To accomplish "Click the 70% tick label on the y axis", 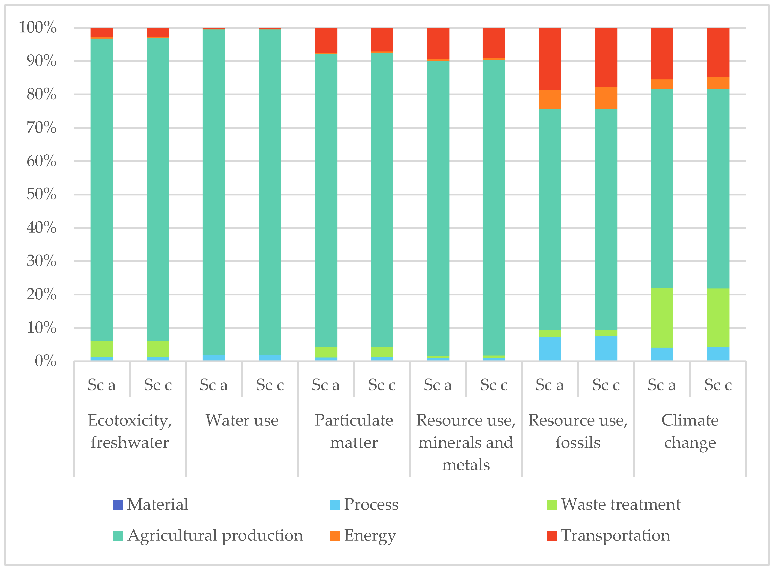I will pos(42,128).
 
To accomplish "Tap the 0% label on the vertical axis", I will pos(46,361).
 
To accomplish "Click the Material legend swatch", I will pos(118,505).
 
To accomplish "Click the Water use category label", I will pos(242,421).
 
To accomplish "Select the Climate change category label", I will pos(690,431).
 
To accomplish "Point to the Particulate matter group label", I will pos(353,431).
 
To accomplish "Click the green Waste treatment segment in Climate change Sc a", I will pos(662,318).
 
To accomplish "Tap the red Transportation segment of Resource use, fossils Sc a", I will pos(550,59).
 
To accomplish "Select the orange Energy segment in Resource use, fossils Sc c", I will pos(606,98).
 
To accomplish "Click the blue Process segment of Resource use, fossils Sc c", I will pos(606,348).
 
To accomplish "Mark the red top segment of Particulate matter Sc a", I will pos(326,40).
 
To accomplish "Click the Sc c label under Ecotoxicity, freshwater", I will pos(158,385).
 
